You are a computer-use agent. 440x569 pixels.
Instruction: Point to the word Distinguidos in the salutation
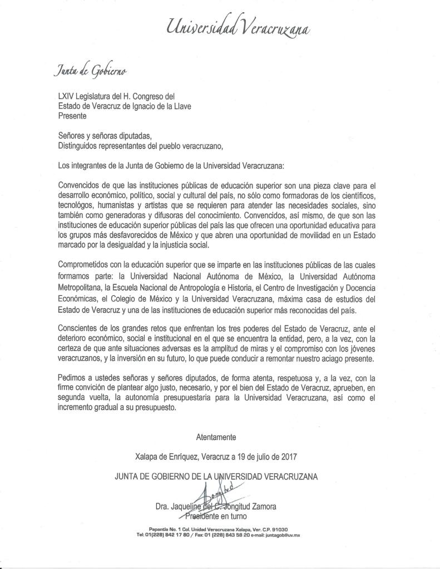coord(80,146)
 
